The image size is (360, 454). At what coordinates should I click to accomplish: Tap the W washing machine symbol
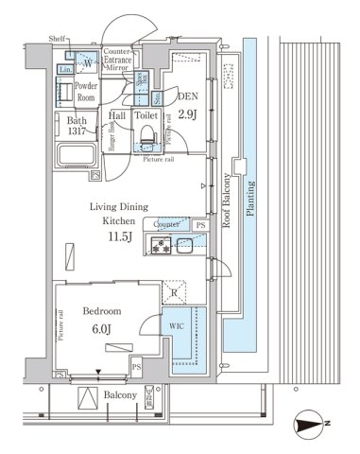point(87,63)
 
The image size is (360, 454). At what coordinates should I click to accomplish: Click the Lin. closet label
point(67,70)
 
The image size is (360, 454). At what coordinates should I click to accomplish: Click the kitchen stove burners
point(157,247)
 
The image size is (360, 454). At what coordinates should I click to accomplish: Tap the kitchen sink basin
point(185,247)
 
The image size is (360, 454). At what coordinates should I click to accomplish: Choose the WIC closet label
point(179,327)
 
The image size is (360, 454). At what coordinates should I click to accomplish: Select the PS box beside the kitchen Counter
point(199,224)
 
